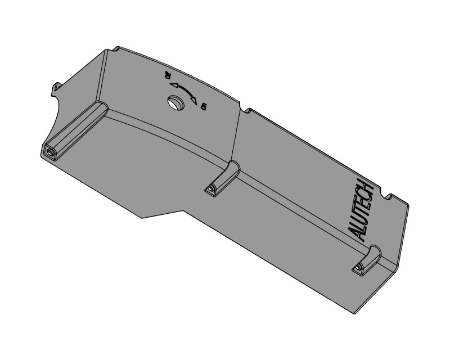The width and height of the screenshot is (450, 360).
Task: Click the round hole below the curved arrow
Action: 175,102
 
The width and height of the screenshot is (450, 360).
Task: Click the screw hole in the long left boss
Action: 51,152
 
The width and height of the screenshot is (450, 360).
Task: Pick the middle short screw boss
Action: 222,178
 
